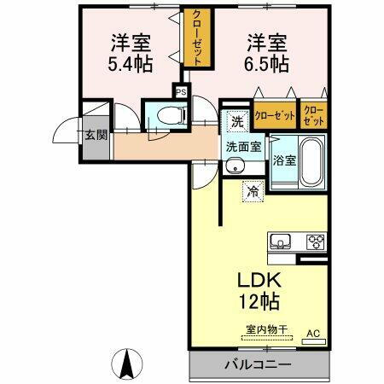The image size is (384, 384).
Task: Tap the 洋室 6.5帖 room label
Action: coord(267,52)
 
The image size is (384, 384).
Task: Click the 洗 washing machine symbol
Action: coord(238,121)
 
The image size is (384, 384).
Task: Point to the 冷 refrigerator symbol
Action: coord(253,191)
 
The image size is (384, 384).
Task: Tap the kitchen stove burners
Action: coord(317,240)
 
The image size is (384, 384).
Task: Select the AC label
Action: coord(312,334)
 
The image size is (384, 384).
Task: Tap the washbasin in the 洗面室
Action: coord(233,166)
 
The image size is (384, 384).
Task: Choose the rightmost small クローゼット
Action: coord(313,115)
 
